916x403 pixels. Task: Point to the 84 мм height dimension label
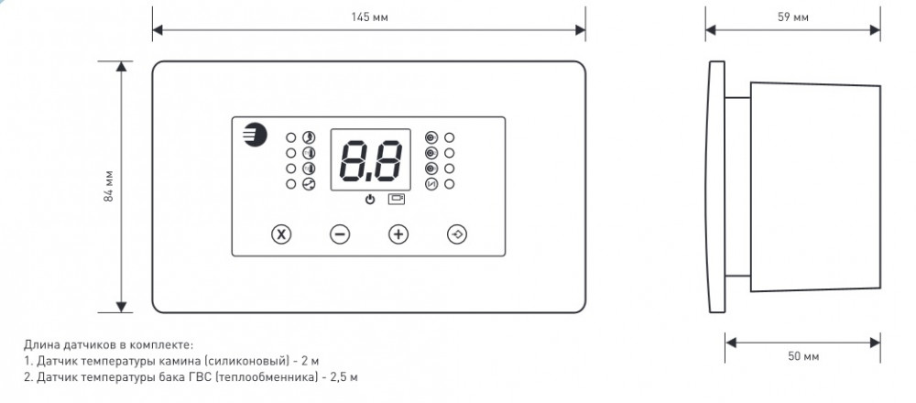108,187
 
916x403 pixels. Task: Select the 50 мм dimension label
803,355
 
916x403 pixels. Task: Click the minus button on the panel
340,234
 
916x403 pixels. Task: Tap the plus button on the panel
398,234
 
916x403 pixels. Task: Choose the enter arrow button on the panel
457,234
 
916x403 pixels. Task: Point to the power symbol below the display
370,199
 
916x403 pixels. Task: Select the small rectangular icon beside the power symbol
396,199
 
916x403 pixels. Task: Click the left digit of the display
355,161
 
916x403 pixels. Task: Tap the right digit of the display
387,161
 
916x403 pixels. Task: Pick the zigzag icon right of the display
432,185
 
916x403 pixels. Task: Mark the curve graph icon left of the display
309,184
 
